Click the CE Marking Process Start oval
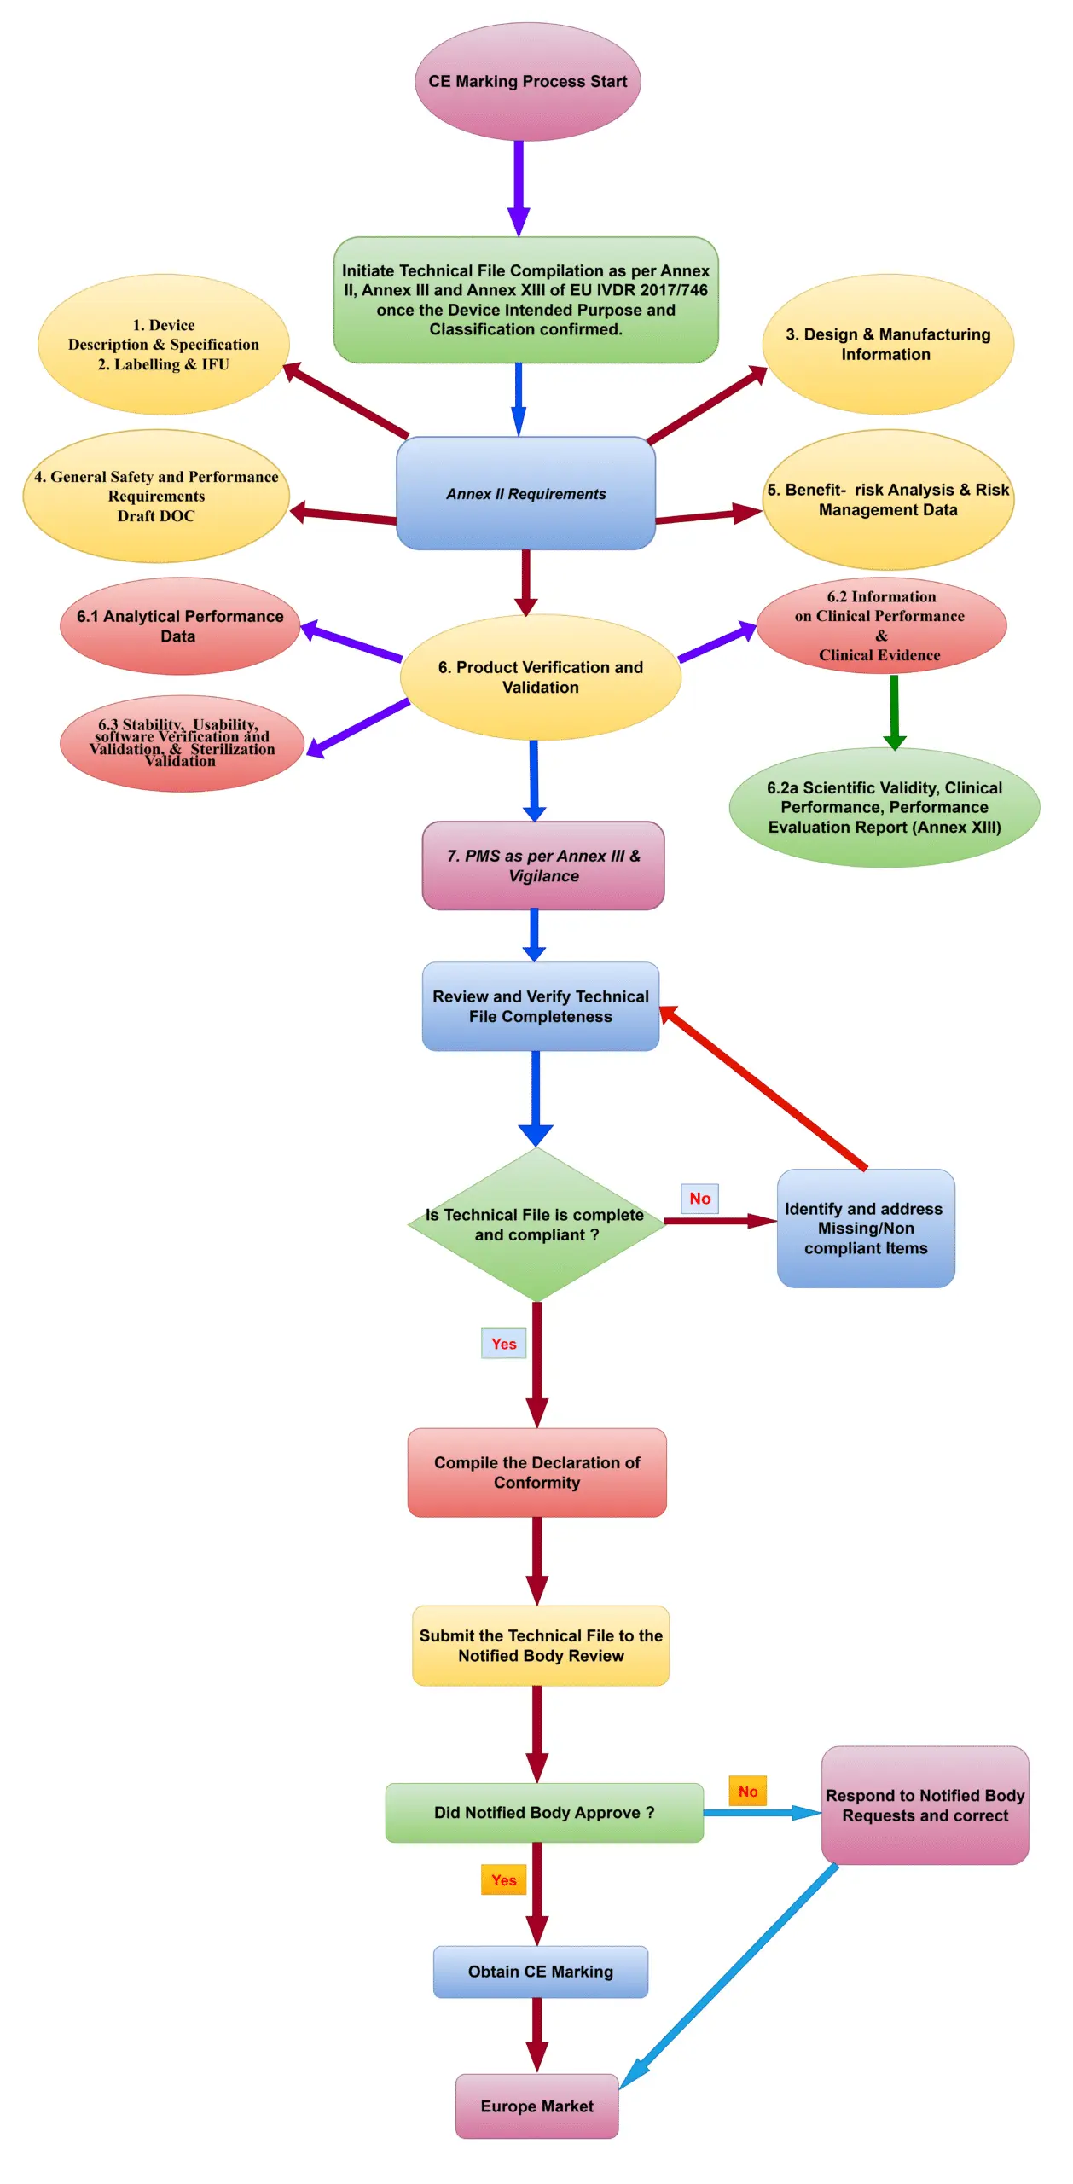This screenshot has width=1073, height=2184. pyautogui.click(x=527, y=82)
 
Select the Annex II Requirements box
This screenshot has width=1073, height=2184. pyautogui.click(x=525, y=493)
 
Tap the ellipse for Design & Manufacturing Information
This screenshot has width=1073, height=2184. pyautogui.click(x=887, y=344)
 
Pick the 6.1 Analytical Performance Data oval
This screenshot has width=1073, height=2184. pyautogui.click(x=179, y=625)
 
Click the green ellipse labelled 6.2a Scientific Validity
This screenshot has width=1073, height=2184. pyautogui.click(x=884, y=807)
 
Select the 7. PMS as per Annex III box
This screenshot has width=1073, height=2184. pyautogui.click(x=542, y=865)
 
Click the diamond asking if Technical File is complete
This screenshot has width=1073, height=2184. pyautogui.click(x=536, y=1224)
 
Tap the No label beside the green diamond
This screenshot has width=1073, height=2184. pyautogui.click(x=699, y=1198)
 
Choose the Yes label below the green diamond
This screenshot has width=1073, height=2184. pyautogui.click(x=503, y=1343)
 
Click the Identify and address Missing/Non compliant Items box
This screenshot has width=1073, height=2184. pyautogui.click(x=865, y=1228)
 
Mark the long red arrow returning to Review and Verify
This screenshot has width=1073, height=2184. pyautogui.click(x=763, y=1087)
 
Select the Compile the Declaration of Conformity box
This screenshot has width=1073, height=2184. pyautogui.click(x=536, y=1472)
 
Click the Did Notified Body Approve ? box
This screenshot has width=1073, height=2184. pyautogui.click(x=543, y=1812)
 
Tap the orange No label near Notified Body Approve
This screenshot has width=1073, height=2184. pyautogui.click(x=747, y=1791)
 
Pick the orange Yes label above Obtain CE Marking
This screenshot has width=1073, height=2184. pyautogui.click(x=503, y=1879)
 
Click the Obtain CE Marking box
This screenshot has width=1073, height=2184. pyautogui.click(x=540, y=1971)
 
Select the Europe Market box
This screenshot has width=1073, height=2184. pyautogui.click(x=536, y=2106)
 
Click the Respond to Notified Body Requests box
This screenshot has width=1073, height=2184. pyautogui.click(x=925, y=1804)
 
